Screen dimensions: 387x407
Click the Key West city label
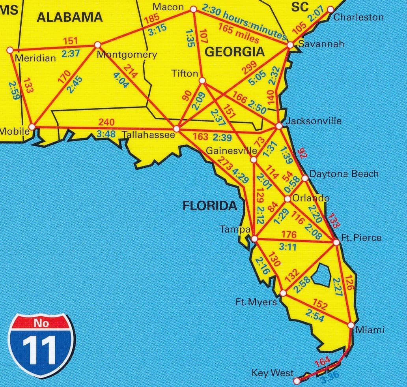[272, 373]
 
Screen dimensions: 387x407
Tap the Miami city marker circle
[351, 325]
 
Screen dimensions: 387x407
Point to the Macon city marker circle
[194, 9]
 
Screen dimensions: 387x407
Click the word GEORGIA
[235, 52]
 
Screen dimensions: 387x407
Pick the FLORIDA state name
[209, 206]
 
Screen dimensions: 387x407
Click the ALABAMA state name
[69, 17]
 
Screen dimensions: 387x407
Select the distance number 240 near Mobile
[106, 122]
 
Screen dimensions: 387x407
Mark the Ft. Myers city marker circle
[283, 293]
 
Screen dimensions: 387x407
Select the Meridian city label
[35, 58]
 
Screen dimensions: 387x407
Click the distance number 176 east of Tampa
[289, 235]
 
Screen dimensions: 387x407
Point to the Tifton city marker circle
[202, 81]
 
